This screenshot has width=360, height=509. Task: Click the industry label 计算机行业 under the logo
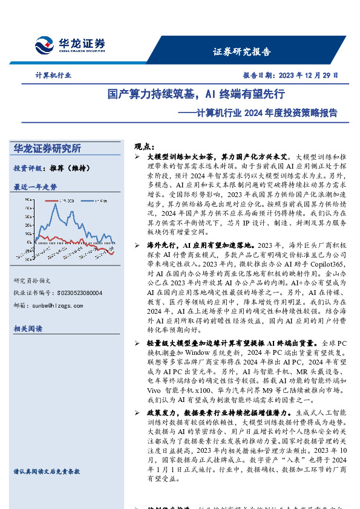click(53, 76)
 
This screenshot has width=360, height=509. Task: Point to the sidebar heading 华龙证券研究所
click(47, 148)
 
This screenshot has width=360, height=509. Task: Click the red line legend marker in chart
click(50, 200)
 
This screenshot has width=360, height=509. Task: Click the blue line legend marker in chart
click(88, 200)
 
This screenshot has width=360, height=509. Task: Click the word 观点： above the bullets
click(142, 146)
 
